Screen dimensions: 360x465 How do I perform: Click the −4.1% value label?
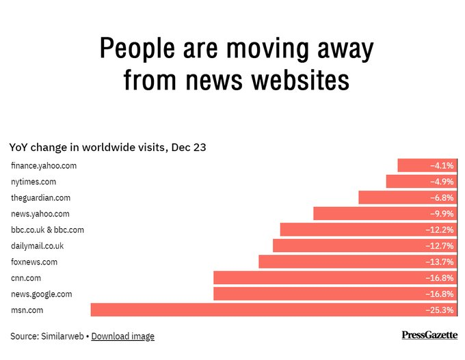[442, 165]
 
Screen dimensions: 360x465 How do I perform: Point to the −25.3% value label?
[440, 310]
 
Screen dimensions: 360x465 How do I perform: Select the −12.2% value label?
[440, 230]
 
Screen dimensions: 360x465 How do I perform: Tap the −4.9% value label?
[442, 182]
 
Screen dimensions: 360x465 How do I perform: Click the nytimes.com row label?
[34, 182]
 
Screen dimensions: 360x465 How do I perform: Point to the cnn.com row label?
[26, 278]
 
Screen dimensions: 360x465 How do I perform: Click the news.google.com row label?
[41, 294]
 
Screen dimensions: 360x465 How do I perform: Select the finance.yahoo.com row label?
[44, 165]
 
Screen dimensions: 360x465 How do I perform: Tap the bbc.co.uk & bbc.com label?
[47, 230]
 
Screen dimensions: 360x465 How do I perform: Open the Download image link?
[123, 336]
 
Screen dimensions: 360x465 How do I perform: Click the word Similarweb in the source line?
[62, 336]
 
